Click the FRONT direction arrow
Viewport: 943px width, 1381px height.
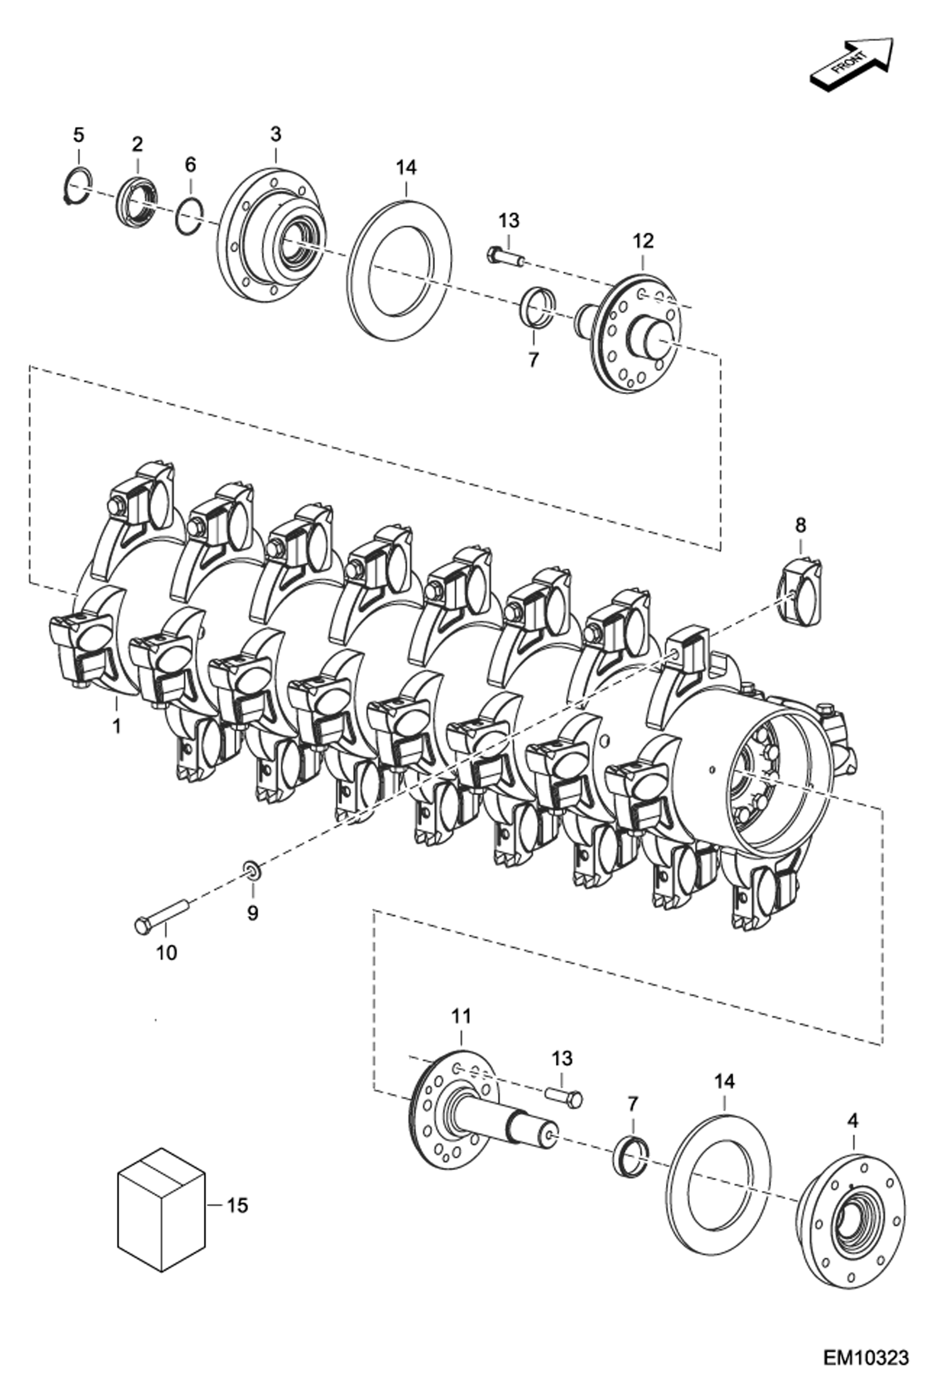850,63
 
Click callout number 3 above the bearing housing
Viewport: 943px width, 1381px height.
276,134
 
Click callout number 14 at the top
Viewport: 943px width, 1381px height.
406,167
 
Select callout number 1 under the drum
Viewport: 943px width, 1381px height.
116,726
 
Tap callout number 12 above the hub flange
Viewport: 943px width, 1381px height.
643,241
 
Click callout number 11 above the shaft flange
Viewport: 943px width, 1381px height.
461,1016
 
